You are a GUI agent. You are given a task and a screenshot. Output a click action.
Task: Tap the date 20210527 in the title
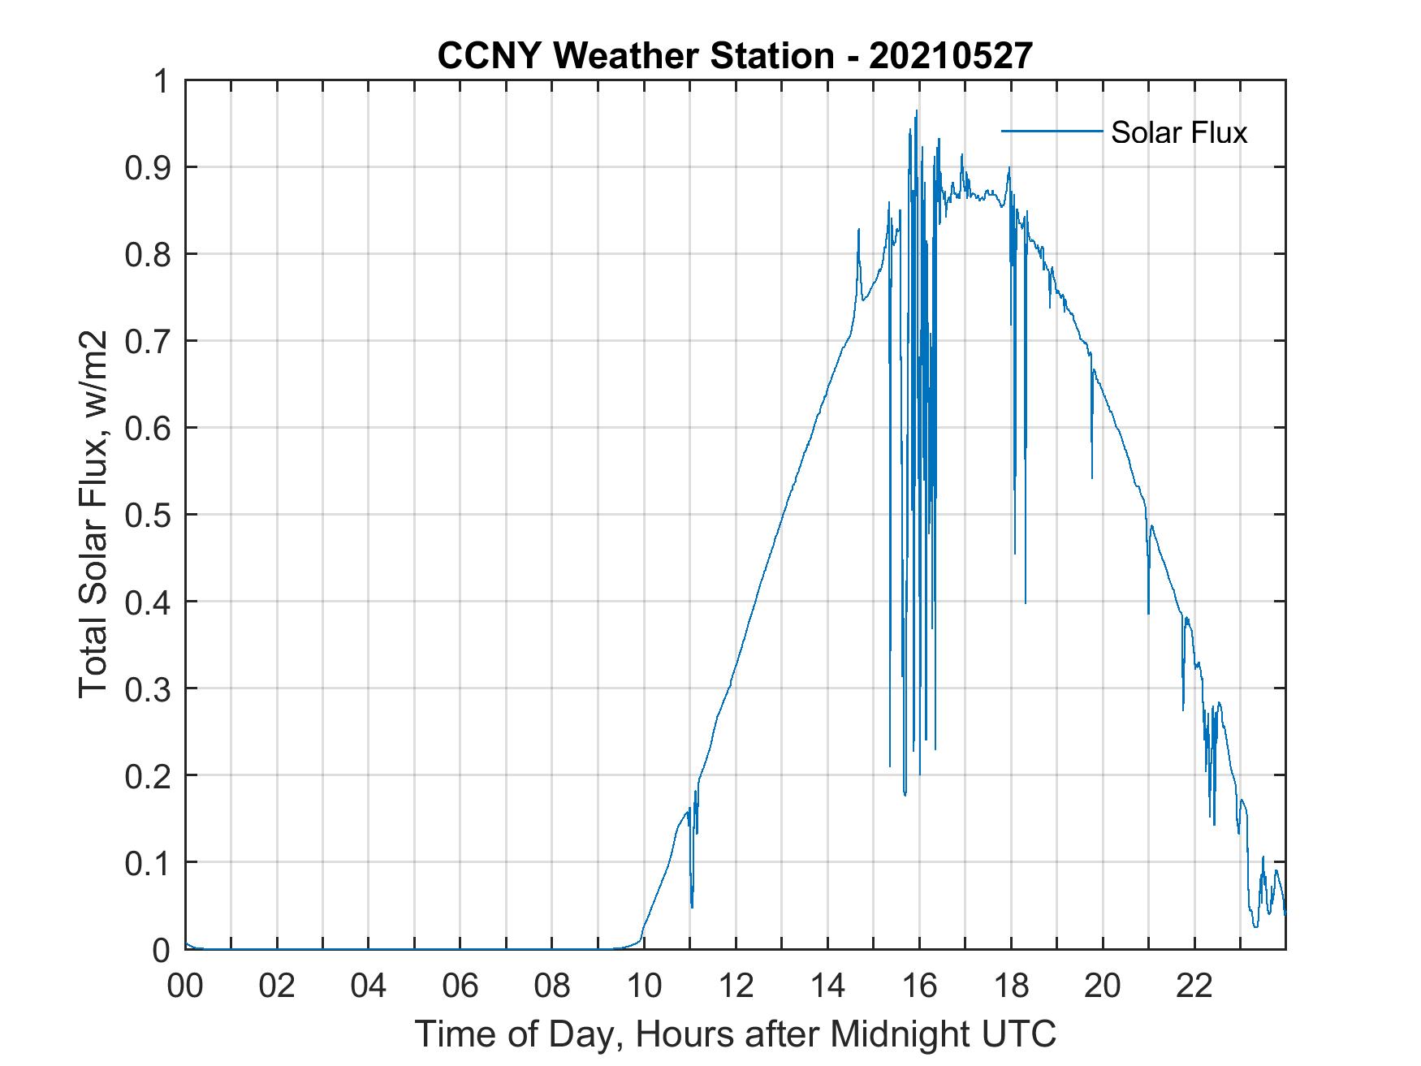pyautogui.click(x=951, y=56)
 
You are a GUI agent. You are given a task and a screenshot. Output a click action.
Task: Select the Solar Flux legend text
pyautogui.click(x=1178, y=132)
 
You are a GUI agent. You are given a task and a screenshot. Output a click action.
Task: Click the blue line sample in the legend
pyautogui.click(x=1051, y=131)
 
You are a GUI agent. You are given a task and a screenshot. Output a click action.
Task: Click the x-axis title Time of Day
pyautogui.click(x=736, y=1034)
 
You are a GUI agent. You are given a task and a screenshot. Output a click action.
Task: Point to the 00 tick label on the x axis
pyautogui.click(x=186, y=986)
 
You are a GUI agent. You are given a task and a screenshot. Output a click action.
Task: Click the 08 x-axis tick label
pyautogui.click(x=553, y=986)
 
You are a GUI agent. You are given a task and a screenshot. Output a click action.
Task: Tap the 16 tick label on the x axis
pyautogui.click(x=920, y=986)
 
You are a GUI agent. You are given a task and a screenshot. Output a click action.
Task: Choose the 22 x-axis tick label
pyautogui.click(x=1195, y=986)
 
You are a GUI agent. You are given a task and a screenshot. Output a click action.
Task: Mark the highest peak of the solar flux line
pyautogui.click(x=917, y=110)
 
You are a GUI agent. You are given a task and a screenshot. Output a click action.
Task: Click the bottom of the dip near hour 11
pyautogui.click(x=692, y=907)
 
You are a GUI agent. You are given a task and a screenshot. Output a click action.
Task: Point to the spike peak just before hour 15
pyautogui.click(x=858, y=230)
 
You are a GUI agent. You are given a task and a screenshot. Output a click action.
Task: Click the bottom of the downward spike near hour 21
pyautogui.click(x=1148, y=613)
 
